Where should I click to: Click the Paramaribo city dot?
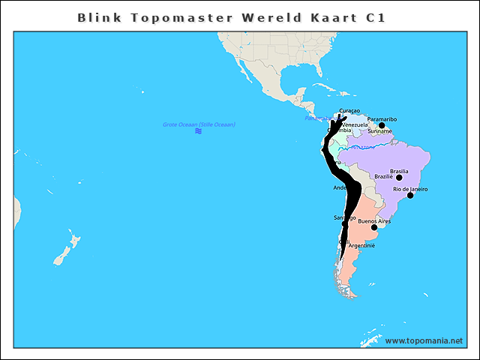pos(382,125)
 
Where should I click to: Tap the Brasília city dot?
pos(399,178)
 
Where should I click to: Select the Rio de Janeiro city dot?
pos(410,196)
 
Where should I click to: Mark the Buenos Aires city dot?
pos(374,227)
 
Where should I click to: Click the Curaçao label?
pos(349,111)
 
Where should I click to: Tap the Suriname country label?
pos(379,131)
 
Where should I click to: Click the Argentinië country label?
pos(361,245)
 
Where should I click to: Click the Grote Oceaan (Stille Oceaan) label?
pos(199,124)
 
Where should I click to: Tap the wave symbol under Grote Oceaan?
pos(199,131)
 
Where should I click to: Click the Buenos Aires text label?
pos(374,221)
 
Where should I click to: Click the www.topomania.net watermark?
pos(424,340)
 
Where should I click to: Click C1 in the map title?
pos(376,17)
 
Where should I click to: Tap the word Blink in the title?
pos(96,17)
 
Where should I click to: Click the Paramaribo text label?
pos(382,119)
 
